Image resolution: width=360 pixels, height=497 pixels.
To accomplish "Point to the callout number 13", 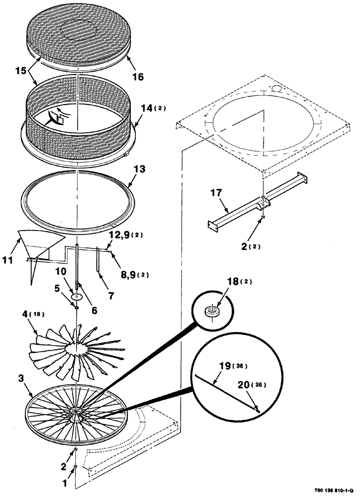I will tap(140, 169).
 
